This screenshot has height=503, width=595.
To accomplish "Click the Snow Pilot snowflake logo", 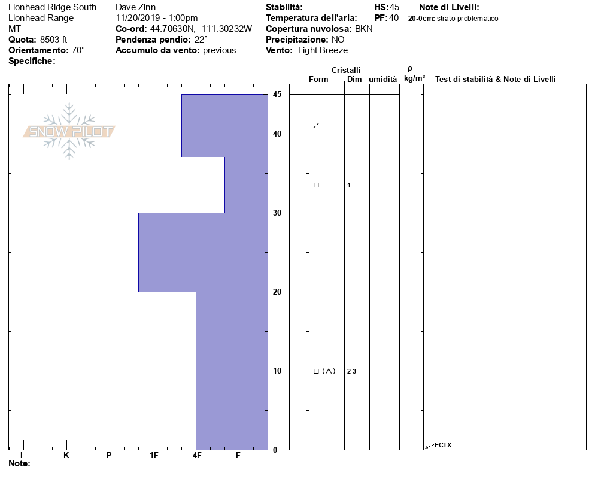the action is pyautogui.click(x=69, y=131).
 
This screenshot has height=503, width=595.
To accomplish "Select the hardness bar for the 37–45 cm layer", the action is pyautogui.click(x=224, y=126).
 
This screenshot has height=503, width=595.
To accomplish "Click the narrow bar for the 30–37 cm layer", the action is pyautogui.click(x=246, y=185).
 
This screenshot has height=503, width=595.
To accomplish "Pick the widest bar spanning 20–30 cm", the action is pyautogui.click(x=203, y=253).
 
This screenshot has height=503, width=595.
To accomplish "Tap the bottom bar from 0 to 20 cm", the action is pyautogui.click(x=232, y=371).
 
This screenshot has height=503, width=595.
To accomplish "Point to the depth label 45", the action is pyautogui.click(x=277, y=94).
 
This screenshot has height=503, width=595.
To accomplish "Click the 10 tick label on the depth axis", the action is pyautogui.click(x=277, y=371).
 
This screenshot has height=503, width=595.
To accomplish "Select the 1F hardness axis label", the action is pyautogui.click(x=154, y=455).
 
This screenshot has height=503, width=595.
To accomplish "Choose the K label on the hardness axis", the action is pyautogui.click(x=66, y=455).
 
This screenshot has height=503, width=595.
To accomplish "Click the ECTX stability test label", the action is pyautogui.click(x=443, y=445).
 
